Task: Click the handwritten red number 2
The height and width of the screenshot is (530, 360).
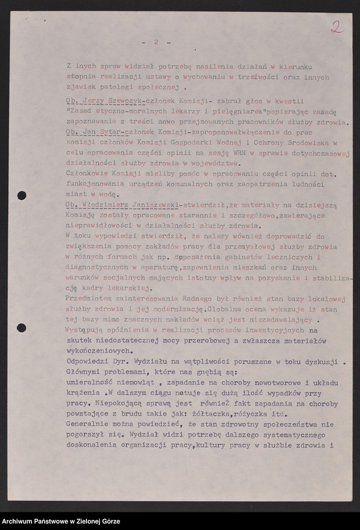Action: (337, 26)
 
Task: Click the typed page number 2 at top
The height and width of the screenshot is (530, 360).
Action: (154, 42)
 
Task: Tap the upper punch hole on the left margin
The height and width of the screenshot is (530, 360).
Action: (21, 196)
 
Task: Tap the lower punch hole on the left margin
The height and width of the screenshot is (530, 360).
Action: (21, 327)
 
